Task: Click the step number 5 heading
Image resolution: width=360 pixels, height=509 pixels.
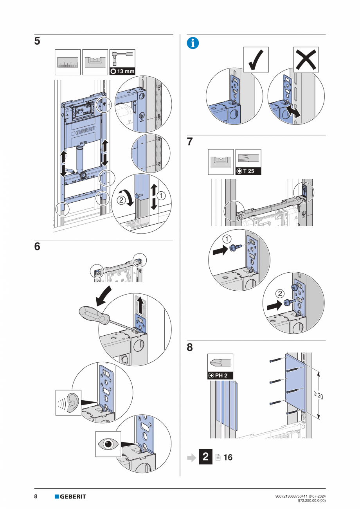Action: pyautogui.click(x=37, y=41)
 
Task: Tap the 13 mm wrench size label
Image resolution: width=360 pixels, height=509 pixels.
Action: pyautogui.click(x=122, y=71)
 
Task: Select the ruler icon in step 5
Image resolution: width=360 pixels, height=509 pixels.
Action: pyautogui.click(x=68, y=62)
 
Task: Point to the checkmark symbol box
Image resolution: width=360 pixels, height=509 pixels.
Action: pyautogui.click(x=256, y=59)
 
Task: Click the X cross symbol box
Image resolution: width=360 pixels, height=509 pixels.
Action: pyautogui.click(x=306, y=59)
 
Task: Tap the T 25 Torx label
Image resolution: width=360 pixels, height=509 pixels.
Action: pyautogui.click(x=248, y=171)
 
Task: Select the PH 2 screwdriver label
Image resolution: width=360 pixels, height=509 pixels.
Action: pyautogui.click(x=220, y=376)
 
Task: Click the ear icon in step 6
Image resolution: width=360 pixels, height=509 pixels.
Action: pyautogui.click(x=68, y=403)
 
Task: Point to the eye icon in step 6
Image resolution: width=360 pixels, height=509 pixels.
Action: pyautogui.click(x=108, y=444)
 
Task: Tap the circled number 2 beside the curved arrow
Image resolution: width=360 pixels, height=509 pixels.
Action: pyautogui.click(x=121, y=200)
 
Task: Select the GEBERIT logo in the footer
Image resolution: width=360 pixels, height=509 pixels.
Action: pyautogui.click(x=70, y=496)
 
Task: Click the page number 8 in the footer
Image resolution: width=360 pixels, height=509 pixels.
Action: pyautogui.click(x=36, y=496)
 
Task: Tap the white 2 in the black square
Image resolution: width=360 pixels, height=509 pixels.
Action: pyautogui.click(x=205, y=457)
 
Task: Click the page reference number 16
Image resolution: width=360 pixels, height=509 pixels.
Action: pyautogui.click(x=228, y=457)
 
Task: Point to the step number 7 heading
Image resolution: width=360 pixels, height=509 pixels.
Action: pyautogui.click(x=190, y=142)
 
